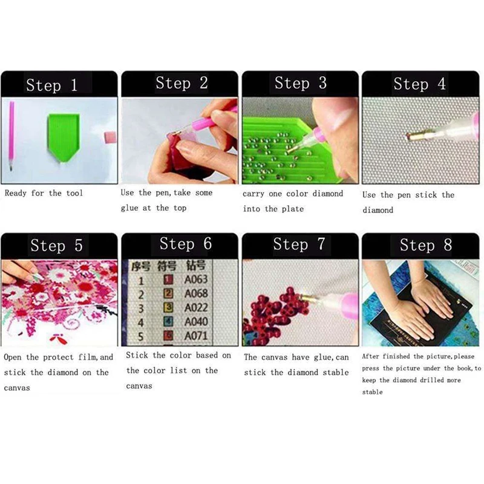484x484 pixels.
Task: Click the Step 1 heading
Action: pyautogui.click(x=52, y=85)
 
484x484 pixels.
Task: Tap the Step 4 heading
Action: pyautogui.click(x=419, y=83)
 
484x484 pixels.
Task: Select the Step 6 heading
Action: pyautogui.click(x=185, y=244)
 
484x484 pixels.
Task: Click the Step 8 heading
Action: pyautogui.click(x=425, y=245)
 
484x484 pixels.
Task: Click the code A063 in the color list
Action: pyautogui.click(x=196, y=280)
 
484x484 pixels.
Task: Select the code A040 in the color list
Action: pyautogui.click(x=196, y=322)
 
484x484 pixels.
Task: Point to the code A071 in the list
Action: pyautogui.click(x=196, y=336)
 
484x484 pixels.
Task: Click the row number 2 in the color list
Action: pyautogui.click(x=141, y=294)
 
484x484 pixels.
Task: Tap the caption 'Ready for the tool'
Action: pyautogui.click(x=44, y=193)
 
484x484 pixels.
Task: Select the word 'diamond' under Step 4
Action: pyautogui.click(x=378, y=211)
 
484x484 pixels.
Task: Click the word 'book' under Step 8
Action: pyautogui.click(x=462, y=368)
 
